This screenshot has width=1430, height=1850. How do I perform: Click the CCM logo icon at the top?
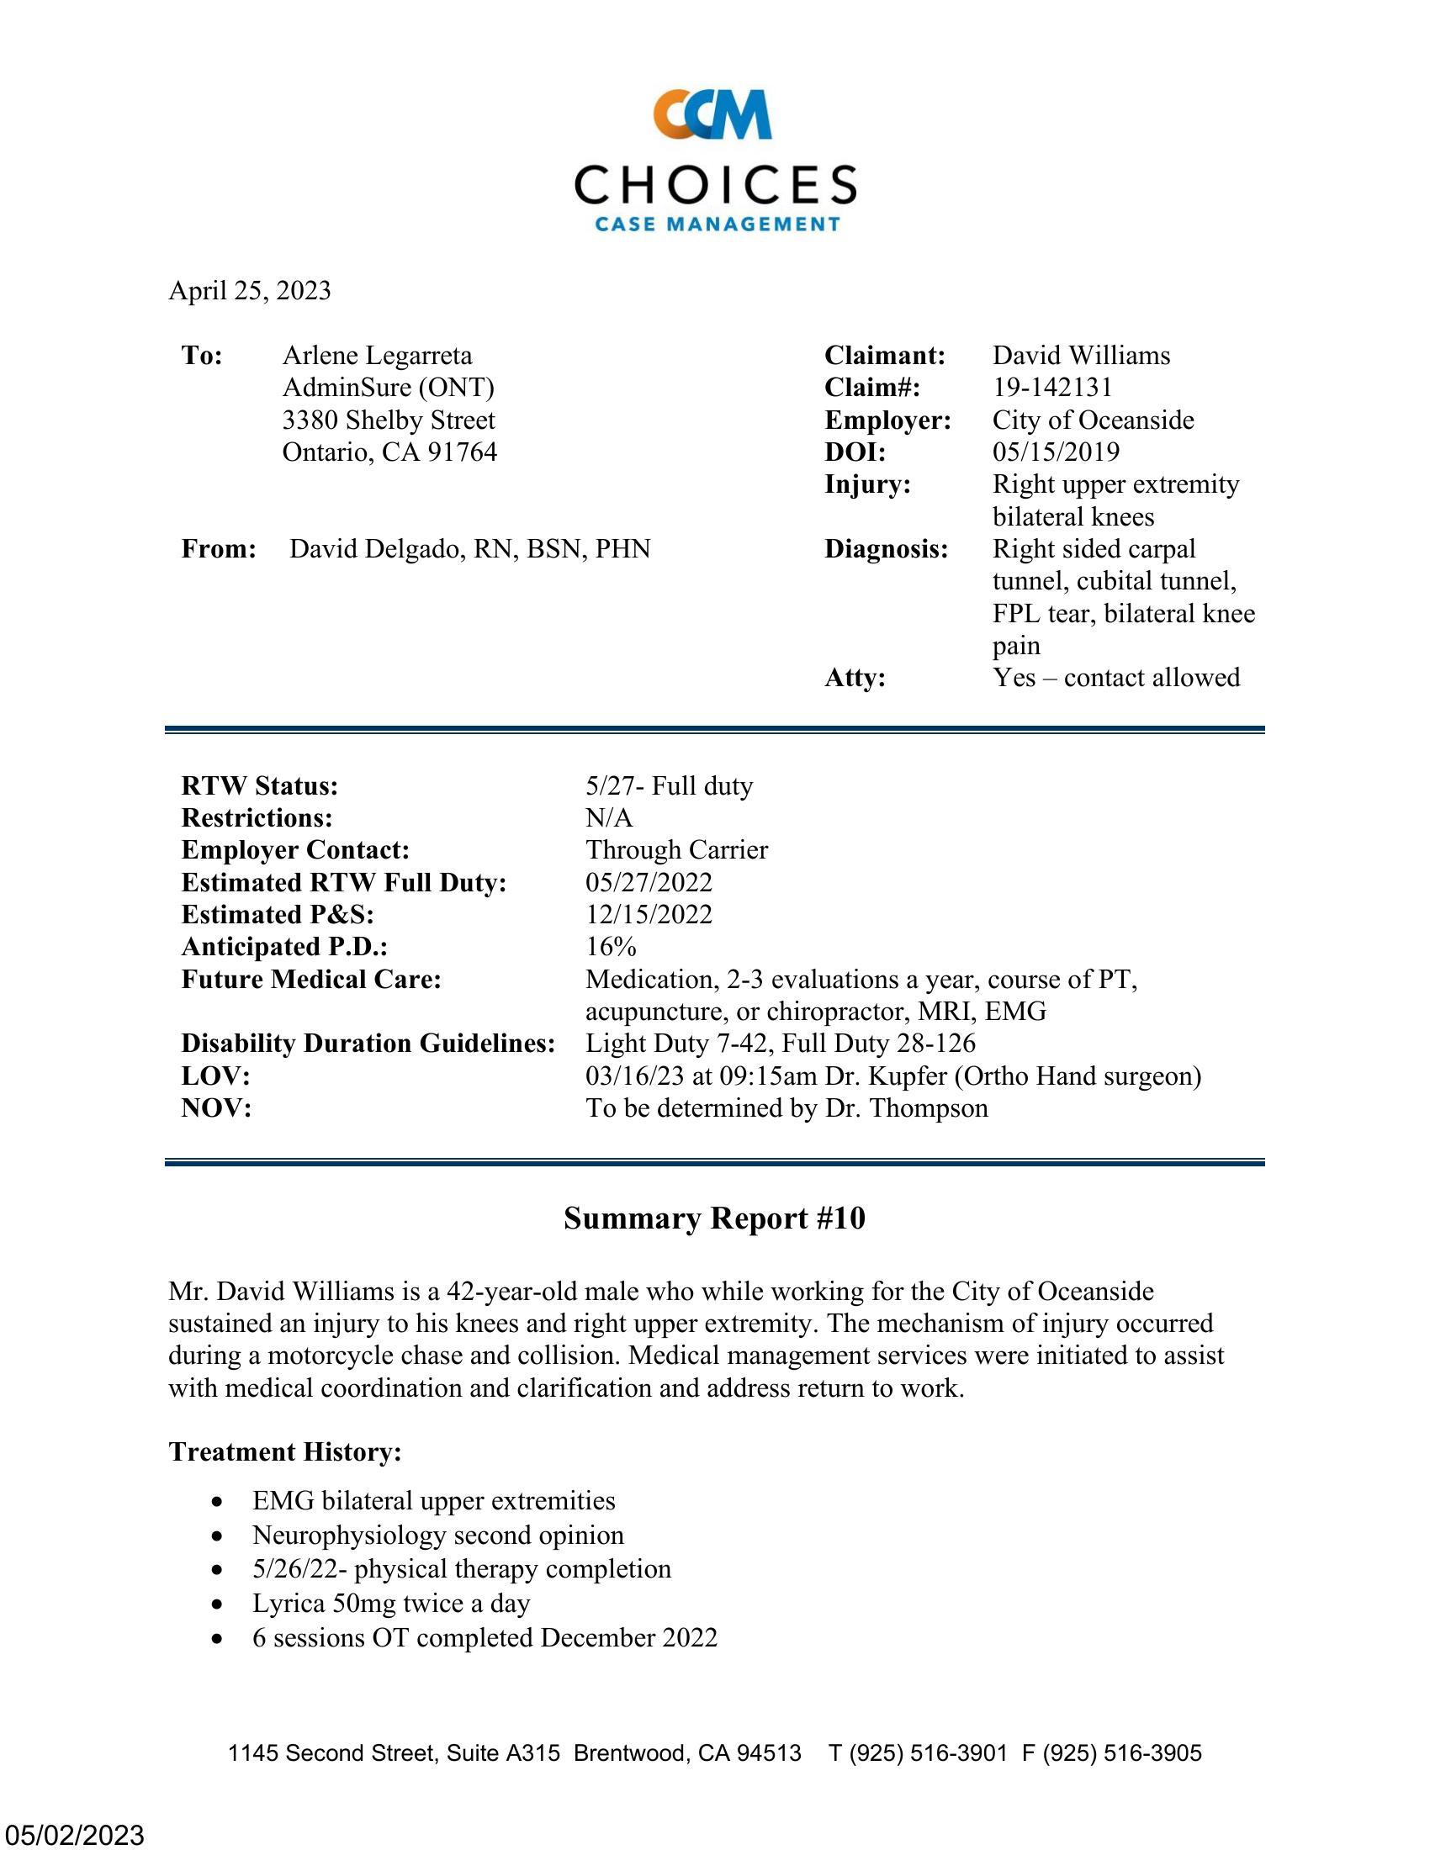click(x=712, y=114)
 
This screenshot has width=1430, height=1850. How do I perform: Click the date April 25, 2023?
click(x=249, y=291)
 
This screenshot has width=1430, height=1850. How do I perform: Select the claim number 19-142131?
click(x=1052, y=387)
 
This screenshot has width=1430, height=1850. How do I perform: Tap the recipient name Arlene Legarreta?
click(x=377, y=355)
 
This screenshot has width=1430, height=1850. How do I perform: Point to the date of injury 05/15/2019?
click(x=1056, y=452)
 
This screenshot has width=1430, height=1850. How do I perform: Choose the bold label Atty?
click(x=855, y=678)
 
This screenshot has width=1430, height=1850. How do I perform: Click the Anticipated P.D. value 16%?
click(x=611, y=946)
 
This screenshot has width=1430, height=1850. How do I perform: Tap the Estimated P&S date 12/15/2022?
click(x=649, y=914)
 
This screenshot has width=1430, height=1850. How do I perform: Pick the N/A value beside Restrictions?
click(x=609, y=817)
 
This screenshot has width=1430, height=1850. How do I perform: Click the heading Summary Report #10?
click(x=714, y=1218)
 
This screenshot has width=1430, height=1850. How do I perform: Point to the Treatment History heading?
click(x=284, y=1451)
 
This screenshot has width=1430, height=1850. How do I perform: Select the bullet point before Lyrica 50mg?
click(x=220, y=1604)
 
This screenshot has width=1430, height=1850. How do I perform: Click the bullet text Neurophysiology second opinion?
click(x=438, y=1535)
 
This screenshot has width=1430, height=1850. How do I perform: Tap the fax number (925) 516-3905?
click(x=1121, y=1752)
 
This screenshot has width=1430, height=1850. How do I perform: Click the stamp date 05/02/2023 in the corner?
click(x=74, y=1835)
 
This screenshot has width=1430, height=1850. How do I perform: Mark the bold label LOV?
click(x=216, y=1076)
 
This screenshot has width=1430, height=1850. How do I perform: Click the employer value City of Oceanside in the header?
click(x=1093, y=420)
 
